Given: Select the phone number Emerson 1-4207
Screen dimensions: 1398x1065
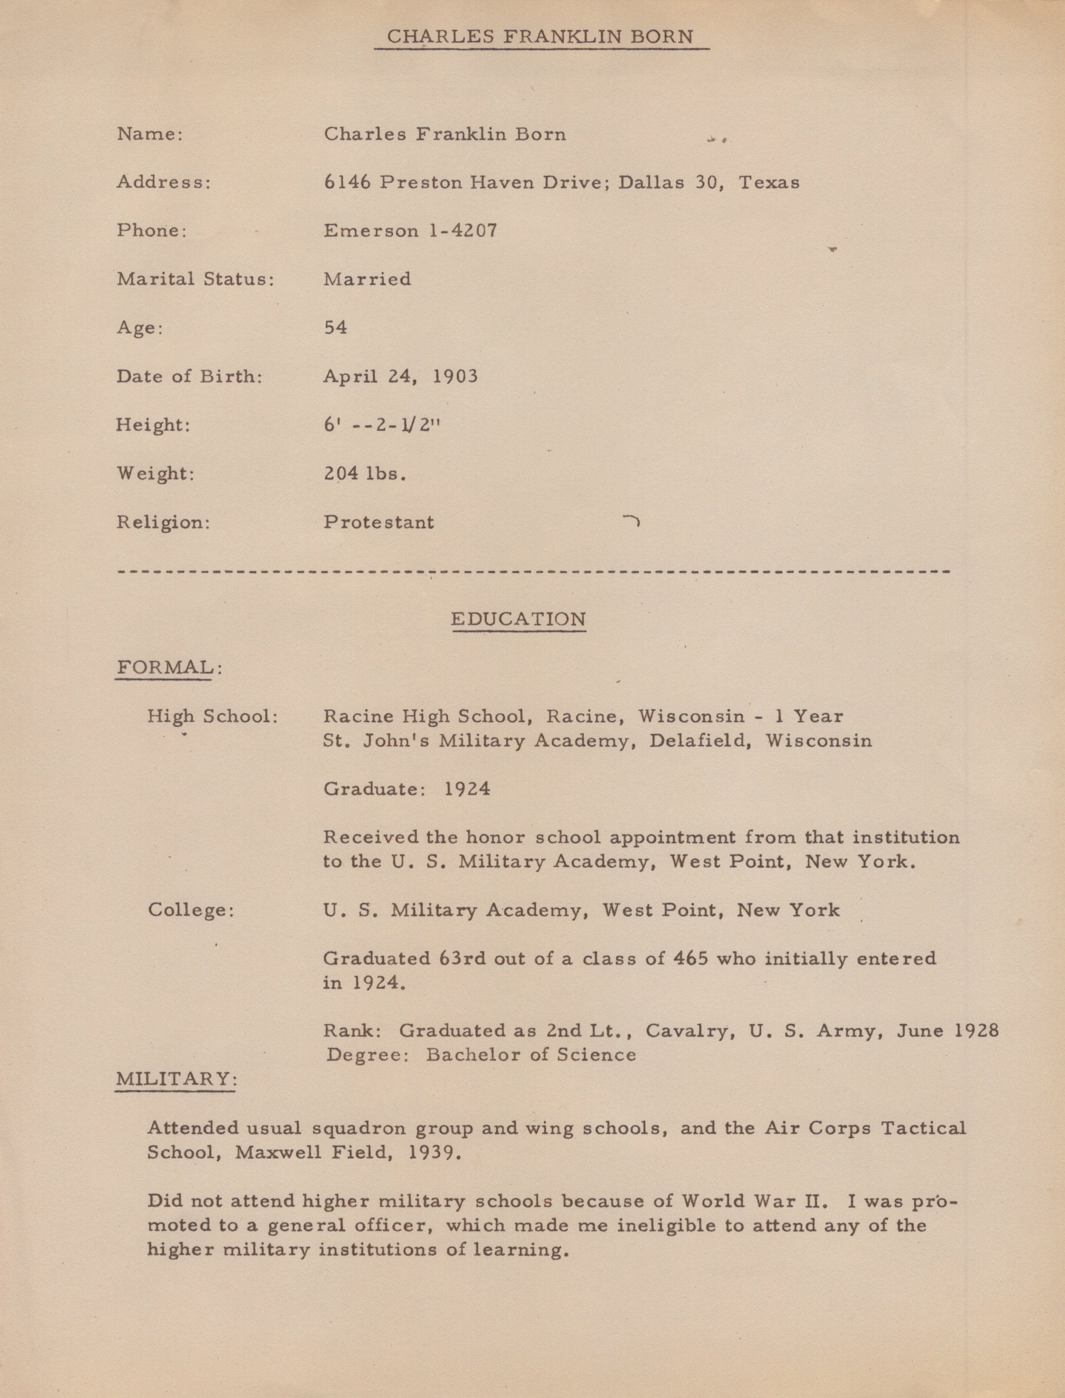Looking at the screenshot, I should click(x=410, y=231).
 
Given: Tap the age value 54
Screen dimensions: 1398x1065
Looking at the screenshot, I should click(x=335, y=328).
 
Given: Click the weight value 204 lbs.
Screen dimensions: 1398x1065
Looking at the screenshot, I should click(x=365, y=474).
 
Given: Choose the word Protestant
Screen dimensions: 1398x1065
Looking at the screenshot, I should click(x=379, y=523).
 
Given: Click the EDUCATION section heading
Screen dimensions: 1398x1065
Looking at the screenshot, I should click(x=518, y=619).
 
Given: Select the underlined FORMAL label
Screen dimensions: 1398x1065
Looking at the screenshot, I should click(x=165, y=668).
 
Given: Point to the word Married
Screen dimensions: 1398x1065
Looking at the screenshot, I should click(x=367, y=279).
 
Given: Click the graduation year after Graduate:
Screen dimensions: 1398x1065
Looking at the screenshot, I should click(x=466, y=789).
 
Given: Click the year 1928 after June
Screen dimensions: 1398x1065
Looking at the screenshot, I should click(x=976, y=1030).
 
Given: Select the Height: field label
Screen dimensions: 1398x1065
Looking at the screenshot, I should click(x=153, y=425).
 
